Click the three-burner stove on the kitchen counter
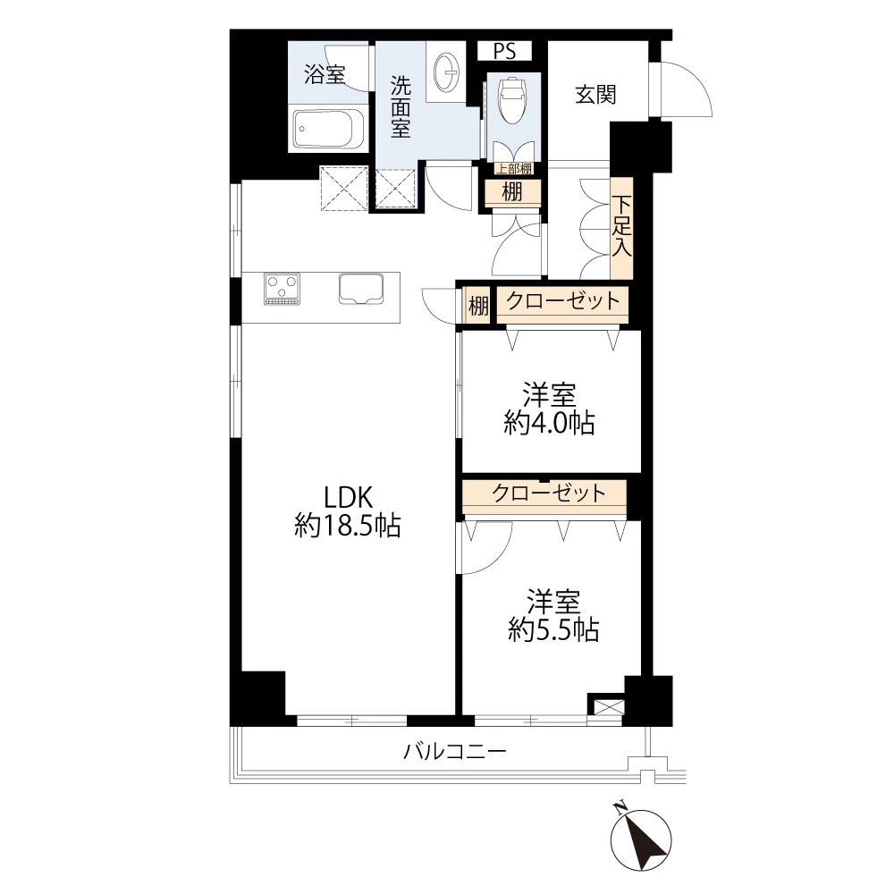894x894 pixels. (x=283, y=289)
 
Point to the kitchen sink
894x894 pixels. (x=361, y=289)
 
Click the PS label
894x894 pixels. (x=504, y=52)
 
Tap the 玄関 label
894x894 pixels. (x=595, y=95)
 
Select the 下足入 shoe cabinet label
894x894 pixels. (x=622, y=226)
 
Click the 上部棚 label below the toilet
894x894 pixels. (x=513, y=169)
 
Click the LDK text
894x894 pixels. (x=349, y=497)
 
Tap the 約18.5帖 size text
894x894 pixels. (x=348, y=525)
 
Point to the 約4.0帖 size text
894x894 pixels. (x=550, y=423)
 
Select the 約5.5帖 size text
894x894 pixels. (x=553, y=630)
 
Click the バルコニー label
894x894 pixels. (x=454, y=752)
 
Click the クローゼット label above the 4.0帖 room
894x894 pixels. (x=562, y=300)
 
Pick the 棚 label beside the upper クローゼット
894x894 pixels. (x=479, y=306)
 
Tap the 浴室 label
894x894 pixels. (x=325, y=75)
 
